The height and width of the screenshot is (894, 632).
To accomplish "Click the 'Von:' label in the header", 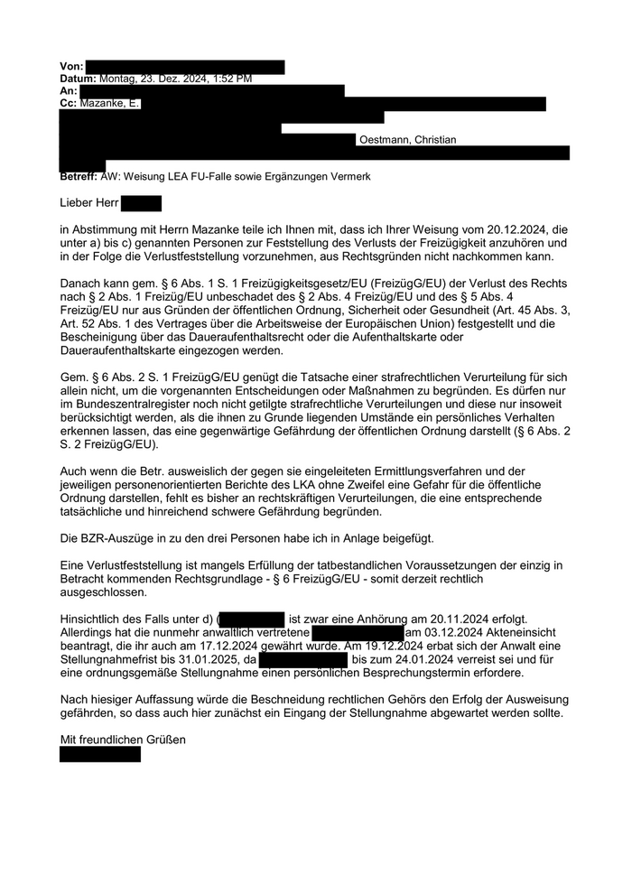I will (71, 67).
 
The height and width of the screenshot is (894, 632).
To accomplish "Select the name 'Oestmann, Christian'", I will (407, 140).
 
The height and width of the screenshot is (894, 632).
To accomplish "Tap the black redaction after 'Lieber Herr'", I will (141, 203).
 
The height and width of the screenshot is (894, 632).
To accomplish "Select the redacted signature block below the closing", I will (100, 754).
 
